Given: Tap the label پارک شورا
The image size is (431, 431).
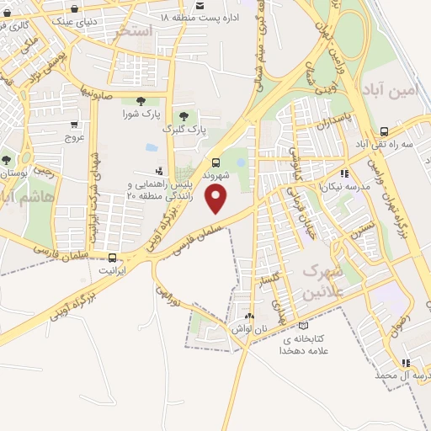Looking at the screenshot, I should pos(141,113).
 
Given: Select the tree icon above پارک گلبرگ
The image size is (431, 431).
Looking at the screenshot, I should pos(183,116).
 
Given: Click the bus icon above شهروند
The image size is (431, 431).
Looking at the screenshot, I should pos(216,162).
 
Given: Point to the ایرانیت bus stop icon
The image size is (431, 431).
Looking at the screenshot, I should pos(113,258).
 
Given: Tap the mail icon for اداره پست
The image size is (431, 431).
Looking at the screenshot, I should pos(200,4).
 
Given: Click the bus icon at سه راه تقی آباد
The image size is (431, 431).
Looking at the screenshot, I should pos(384,131).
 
